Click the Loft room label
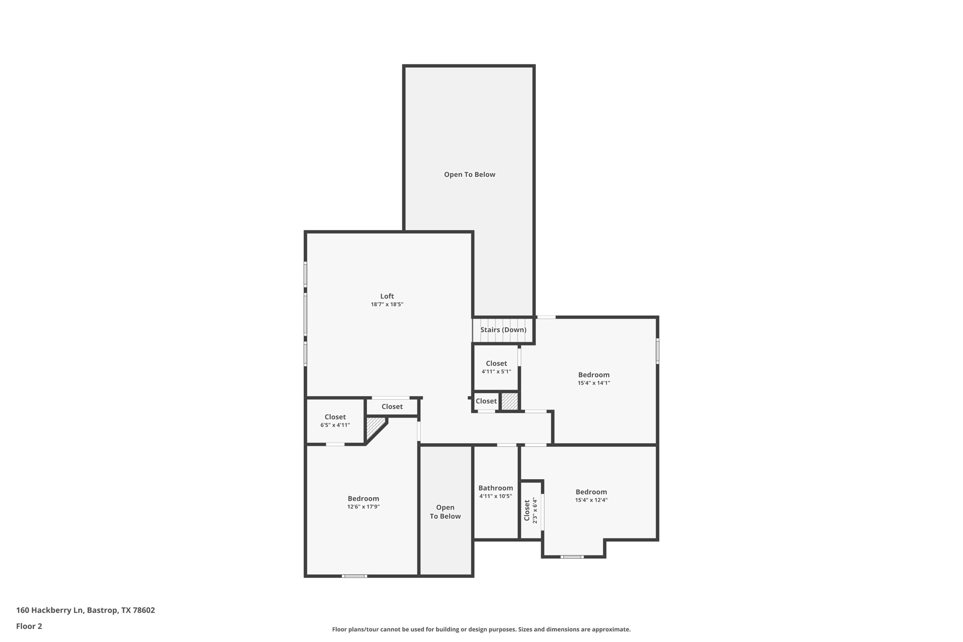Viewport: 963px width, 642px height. point(387,296)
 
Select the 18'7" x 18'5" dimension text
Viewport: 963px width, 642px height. point(387,304)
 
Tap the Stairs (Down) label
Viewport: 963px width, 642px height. point(503,330)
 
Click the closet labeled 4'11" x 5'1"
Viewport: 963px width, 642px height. point(496,367)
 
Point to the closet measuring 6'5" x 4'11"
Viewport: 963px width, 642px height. point(335,420)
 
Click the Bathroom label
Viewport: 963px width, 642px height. point(495,488)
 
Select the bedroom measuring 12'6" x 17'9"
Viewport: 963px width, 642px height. point(363,502)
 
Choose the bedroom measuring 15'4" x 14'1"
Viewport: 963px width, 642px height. point(593,378)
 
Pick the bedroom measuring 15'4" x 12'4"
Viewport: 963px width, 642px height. point(591,495)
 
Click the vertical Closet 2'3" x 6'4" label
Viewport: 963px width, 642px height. point(530,510)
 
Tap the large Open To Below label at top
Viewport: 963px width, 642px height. point(469,174)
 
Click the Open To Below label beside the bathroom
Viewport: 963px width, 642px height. point(445,512)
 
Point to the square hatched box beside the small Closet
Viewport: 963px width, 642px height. point(509,401)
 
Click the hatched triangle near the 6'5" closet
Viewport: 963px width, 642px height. point(374,425)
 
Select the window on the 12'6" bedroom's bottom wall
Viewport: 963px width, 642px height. point(354,576)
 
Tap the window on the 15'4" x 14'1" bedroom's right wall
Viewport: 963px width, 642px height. point(657,351)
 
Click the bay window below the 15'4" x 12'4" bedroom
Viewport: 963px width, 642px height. point(572,557)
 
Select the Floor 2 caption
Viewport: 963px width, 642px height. point(29,626)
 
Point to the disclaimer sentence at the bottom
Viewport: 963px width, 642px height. point(481,629)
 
